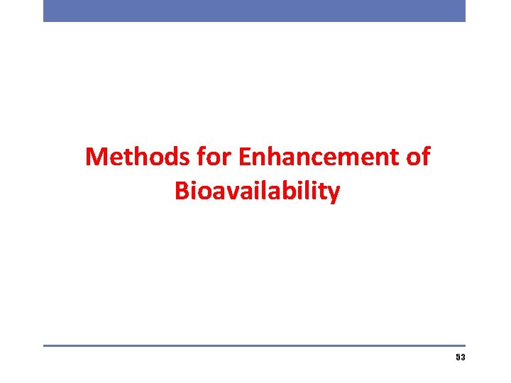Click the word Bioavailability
(257, 191)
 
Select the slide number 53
(461, 358)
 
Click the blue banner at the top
(254, 11)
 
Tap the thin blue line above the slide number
(254, 345)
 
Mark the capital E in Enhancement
(246, 157)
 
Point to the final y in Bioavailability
(334, 194)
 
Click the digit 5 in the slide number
(458, 358)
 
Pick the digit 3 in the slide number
(463, 358)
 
